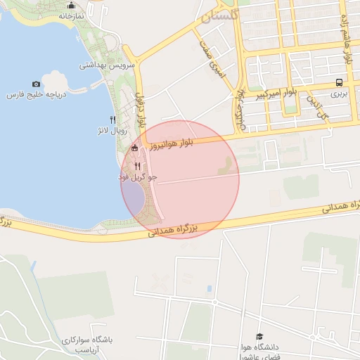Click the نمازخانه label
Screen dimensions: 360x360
click(x=70, y=15)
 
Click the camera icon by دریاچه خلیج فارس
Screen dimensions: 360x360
click(x=37, y=84)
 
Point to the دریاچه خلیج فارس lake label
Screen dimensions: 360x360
click(x=35, y=94)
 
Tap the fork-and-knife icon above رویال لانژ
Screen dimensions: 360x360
click(x=113, y=120)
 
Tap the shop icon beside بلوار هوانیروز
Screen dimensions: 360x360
click(x=135, y=148)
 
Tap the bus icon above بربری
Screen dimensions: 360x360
click(x=340, y=82)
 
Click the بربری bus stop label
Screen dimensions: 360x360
click(x=340, y=92)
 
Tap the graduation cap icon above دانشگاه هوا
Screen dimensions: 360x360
click(x=259, y=337)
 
